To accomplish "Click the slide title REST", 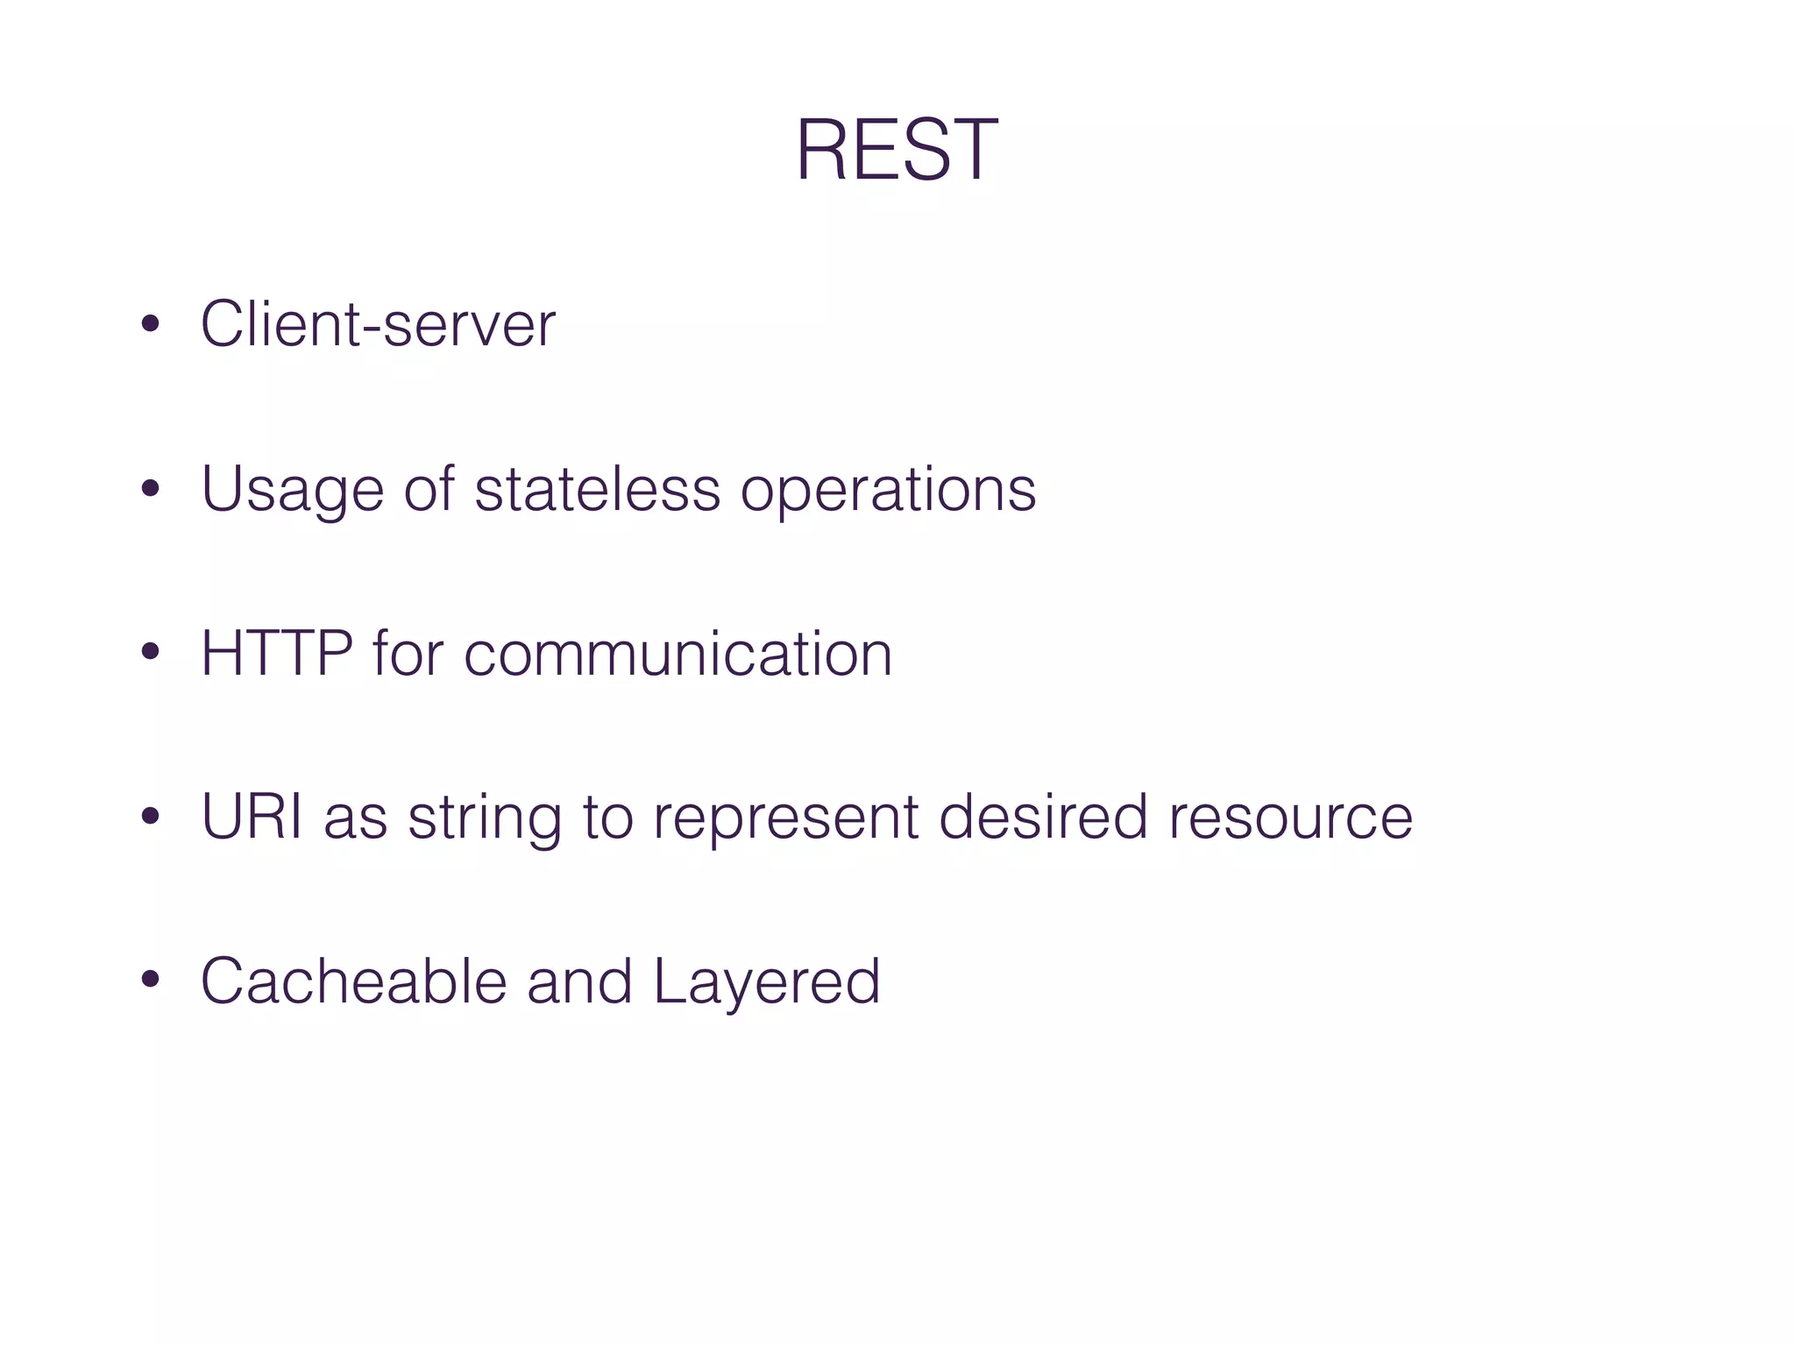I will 896,151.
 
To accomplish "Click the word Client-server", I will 378,325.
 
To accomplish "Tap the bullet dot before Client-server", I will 150,325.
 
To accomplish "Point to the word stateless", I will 597,489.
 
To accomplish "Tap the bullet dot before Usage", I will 150,489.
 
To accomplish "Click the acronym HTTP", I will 277,654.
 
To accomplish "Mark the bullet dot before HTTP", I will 150,653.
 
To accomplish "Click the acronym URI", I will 252,817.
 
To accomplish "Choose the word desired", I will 1042,817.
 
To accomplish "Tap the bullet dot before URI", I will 150,817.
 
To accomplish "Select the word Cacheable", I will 354,981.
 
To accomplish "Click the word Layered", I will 766,982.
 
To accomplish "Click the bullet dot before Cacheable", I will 150,981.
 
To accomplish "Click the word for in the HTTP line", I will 408,654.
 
